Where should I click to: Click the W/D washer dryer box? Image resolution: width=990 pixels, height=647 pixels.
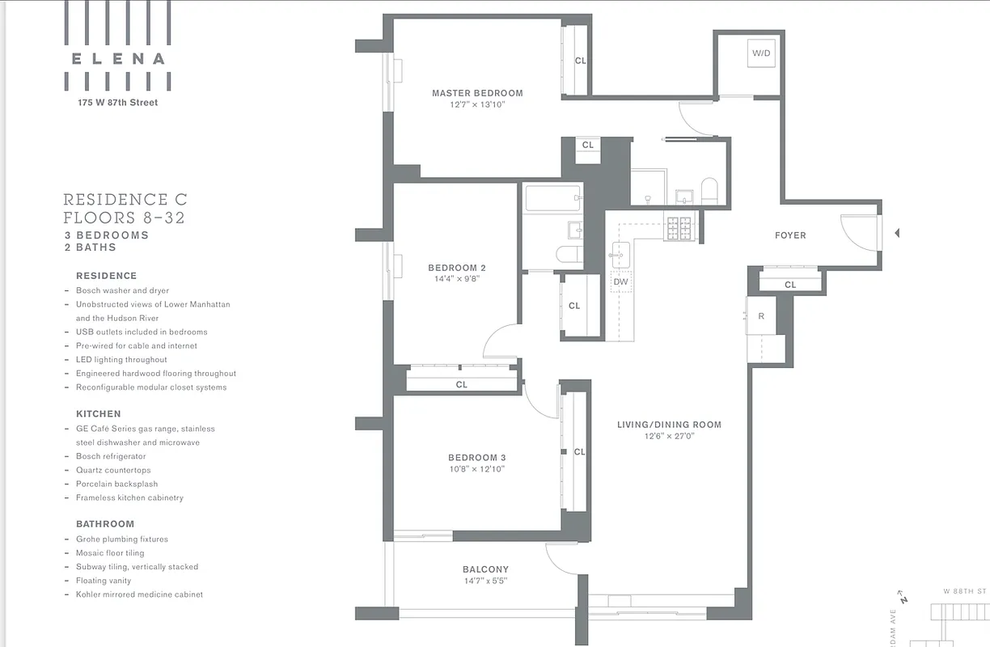pos(761,54)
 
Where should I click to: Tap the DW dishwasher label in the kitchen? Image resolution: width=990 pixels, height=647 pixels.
pos(620,282)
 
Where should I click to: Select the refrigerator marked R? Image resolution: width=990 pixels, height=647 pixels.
pos(761,316)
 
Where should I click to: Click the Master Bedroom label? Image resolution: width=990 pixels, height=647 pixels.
pos(477,93)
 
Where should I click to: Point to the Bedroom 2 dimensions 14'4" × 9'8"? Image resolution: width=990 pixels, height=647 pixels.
pos(457,279)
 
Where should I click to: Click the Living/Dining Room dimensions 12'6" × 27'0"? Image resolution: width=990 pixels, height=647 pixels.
pos(669,437)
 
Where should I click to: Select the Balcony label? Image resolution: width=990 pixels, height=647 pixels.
pos(485,569)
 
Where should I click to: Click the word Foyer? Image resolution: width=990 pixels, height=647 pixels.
pos(790,235)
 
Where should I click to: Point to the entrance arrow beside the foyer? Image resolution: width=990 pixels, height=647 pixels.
pos(896,234)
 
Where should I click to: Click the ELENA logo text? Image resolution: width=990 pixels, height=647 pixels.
pos(118,58)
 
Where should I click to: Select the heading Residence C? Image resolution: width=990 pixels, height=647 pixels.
pos(125,199)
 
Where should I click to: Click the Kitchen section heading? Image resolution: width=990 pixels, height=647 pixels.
pos(99,414)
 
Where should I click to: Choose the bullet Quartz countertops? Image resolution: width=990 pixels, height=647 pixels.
pos(113,470)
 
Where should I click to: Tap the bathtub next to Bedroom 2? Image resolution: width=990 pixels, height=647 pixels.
pos(552,198)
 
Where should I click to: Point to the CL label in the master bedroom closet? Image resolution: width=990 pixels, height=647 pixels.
pos(580,61)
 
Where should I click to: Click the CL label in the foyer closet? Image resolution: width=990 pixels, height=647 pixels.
pos(790,285)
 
